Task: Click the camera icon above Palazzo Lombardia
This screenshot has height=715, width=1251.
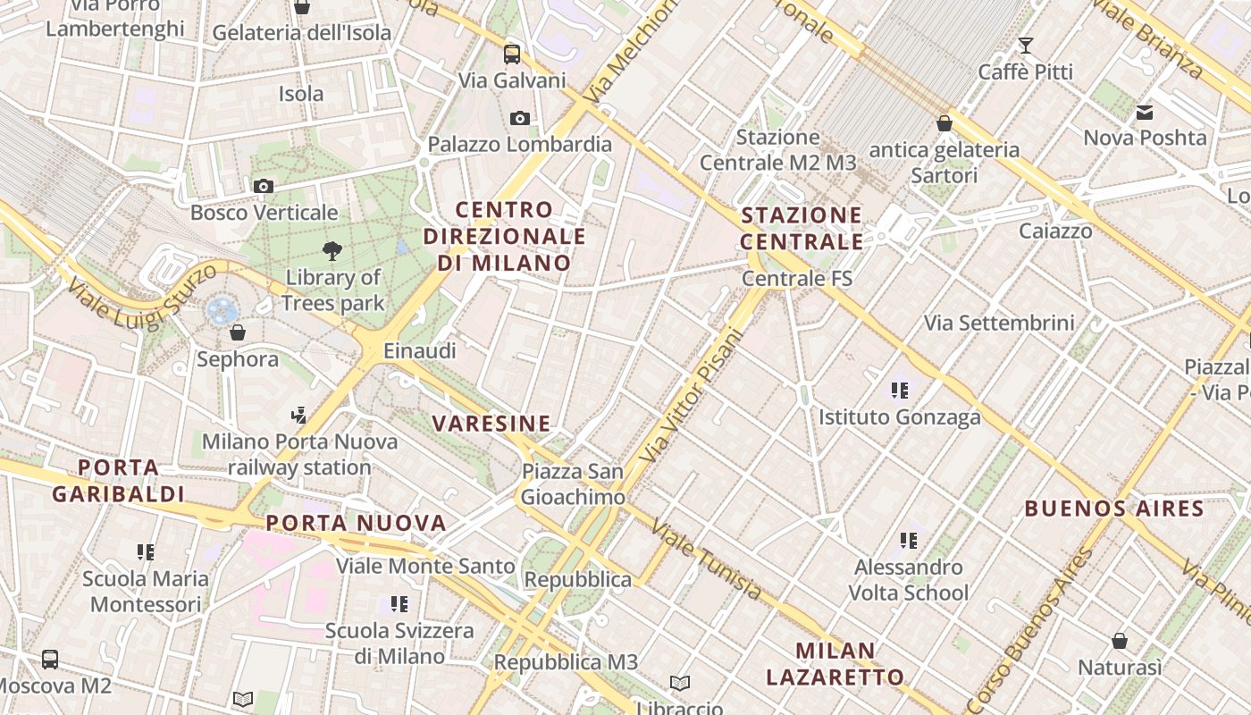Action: click(x=519, y=118)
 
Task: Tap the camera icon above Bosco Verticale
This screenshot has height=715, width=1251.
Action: click(x=263, y=186)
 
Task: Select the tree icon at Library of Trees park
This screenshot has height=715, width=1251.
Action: click(x=332, y=251)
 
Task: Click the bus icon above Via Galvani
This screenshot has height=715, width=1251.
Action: click(x=512, y=54)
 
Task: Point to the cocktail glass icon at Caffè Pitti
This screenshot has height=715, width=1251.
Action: click(x=1026, y=45)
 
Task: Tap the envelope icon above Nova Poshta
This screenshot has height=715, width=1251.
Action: click(x=1145, y=113)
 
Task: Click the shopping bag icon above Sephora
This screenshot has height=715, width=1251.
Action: click(x=238, y=333)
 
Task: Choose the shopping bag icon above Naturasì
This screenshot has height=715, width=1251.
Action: click(x=1120, y=641)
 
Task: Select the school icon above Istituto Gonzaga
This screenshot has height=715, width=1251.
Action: click(x=900, y=391)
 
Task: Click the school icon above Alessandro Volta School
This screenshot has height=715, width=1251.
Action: click(x=909, y=541)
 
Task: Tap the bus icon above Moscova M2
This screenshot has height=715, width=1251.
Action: click(x=50, y=660)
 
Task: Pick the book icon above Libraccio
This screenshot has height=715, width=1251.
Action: click(x=680, y=684)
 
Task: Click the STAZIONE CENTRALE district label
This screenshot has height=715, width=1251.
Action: click(x=802, y=229)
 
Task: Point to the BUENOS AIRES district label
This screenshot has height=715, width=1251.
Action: click(x=1114, y=509)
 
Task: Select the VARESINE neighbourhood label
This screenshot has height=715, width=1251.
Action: click(x=491, y=424)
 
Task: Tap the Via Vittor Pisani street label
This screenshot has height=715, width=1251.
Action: click(x=692, y=396)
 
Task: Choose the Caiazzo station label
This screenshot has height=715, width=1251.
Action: click(x=1055, y=231)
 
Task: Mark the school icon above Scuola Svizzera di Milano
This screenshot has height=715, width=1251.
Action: click(x=399, y=604)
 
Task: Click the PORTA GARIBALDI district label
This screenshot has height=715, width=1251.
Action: click(x=118, y=481)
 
